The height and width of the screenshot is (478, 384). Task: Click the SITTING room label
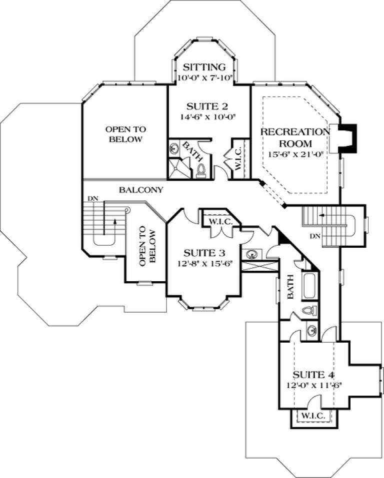coord(203,67)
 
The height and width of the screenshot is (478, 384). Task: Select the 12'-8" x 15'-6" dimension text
coord(202,262)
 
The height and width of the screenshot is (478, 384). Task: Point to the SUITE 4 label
coord(313,374)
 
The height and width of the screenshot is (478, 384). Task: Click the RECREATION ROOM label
coord(295,137)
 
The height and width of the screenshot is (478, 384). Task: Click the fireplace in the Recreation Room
coord(347,138)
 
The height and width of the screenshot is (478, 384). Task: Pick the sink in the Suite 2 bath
coord(174,148)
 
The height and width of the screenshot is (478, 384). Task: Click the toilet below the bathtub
coord(309,311)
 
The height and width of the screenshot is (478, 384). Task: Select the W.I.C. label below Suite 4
coord(313,416)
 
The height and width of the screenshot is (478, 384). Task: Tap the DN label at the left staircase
coord(92,199)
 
